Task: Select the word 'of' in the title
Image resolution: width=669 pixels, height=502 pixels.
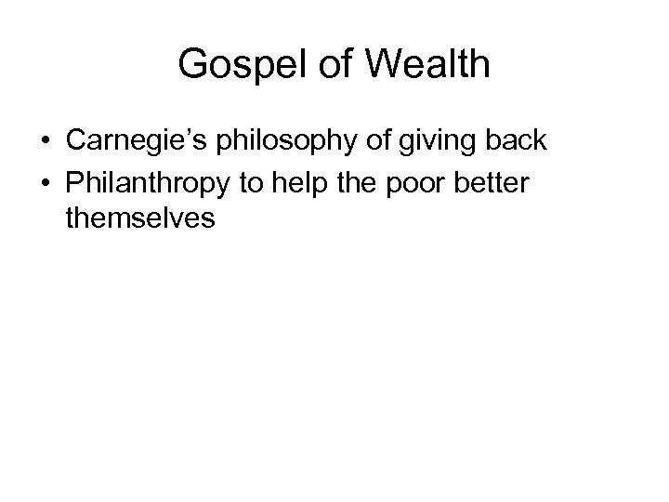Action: click(325, 65)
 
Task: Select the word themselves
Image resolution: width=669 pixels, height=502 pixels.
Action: click(140, 219)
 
